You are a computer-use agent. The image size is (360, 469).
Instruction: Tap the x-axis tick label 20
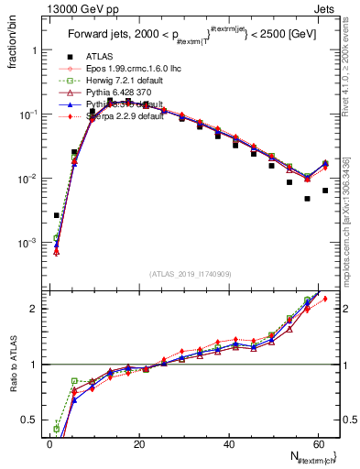tap(139, 444)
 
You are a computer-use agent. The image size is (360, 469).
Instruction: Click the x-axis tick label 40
tap(229, 444)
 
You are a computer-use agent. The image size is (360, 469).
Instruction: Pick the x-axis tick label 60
tap(319, 444)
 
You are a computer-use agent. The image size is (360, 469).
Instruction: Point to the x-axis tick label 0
tap(49, 444)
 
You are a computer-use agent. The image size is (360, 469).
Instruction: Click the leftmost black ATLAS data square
tap(57, 215)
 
